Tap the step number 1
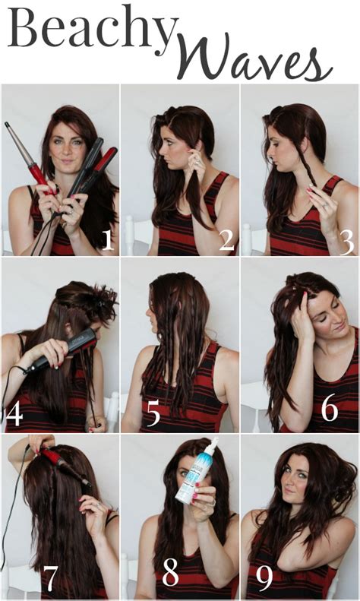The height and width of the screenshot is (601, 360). point(107,239)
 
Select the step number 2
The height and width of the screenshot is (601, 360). point(226,239)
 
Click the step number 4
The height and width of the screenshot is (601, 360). point(14,416)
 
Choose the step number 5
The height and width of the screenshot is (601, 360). point(153,415)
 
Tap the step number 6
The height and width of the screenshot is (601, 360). point(329,408)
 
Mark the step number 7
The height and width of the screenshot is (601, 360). point(50,580)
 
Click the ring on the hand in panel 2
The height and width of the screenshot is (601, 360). point(198,162)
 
